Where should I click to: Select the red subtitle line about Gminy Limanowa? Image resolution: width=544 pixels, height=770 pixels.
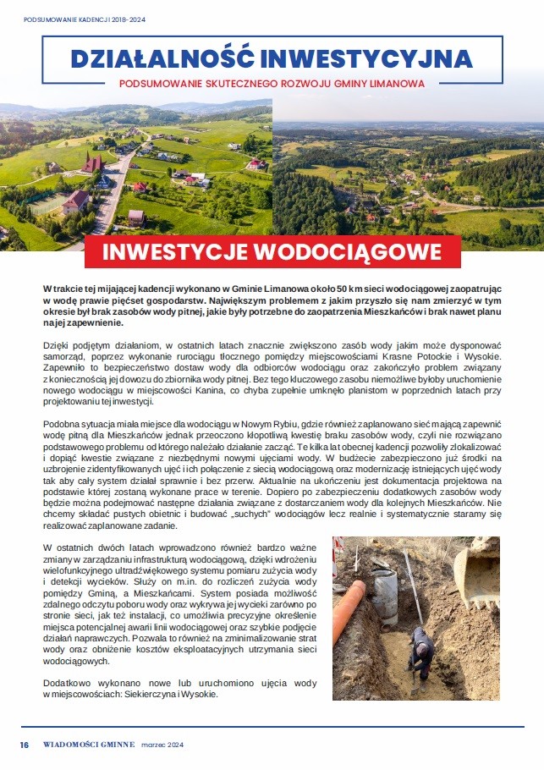(x=272, y=84)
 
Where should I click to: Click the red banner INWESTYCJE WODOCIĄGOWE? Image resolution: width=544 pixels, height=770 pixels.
(x=272, y=252)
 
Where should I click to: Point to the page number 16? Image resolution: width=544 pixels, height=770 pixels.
(x=25, y=745)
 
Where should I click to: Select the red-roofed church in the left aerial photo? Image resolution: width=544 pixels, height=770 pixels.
(x=92, y=162)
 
